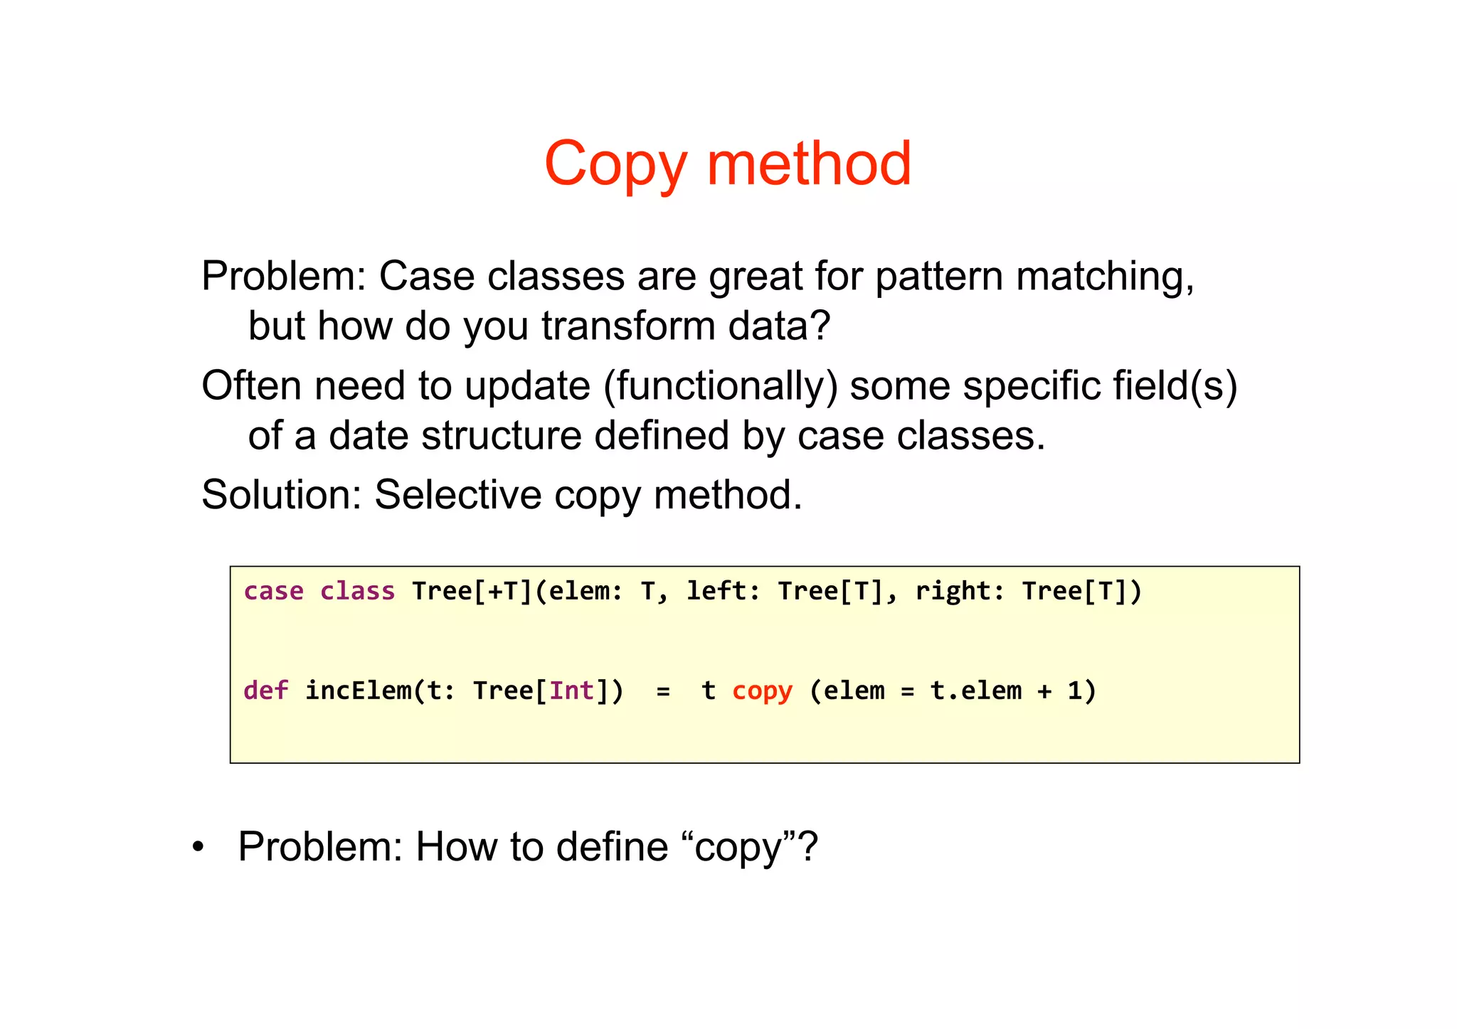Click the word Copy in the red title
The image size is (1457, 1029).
(x=615, y=164)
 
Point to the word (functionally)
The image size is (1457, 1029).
(x=721, y=385)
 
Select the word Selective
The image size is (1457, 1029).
(x=458, y=495)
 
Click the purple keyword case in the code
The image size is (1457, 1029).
(x=274, y=591)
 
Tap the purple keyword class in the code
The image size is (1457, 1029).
(x=357, y=591)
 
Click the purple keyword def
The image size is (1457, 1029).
(x=266, y=691)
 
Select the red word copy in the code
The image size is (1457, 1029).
(x=762, y=691)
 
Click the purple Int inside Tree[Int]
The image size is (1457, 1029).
(x=572, y=691)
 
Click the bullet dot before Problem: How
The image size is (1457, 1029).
(x=198, y=848)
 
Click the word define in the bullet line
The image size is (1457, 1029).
(x=612, y=847)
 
